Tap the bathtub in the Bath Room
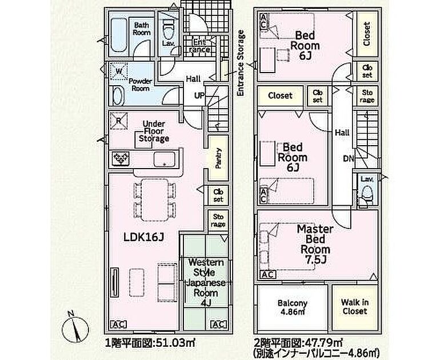click(118, 34)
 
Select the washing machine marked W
click(119, 71)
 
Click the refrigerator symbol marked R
click(119, 121)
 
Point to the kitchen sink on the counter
click(164, 159)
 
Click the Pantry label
click(218, 158)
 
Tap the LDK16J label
click(143, 237)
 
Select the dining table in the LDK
click(155, 199)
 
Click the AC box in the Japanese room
click(218, 325)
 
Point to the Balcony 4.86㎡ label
click(292, 307)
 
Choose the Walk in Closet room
click(355, 307)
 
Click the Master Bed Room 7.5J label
click(315, 245)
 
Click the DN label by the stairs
click(349, 159)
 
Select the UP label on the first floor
click(199, 95)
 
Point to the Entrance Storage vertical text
click(241, 63)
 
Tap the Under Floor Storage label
click(154, 131)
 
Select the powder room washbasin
click(118, 95)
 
